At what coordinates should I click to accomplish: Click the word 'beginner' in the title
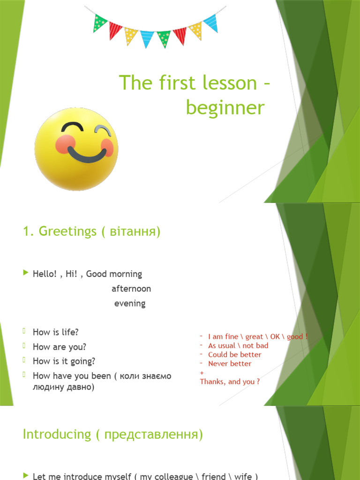click(x=225, y=108)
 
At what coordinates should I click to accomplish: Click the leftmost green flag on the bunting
click(x=99, y=23)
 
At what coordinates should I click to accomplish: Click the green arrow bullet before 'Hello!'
click(x=25, y=273)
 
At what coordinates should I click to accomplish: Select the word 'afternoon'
click(x=131, y=289)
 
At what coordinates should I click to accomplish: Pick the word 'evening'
click(x=130, y=304)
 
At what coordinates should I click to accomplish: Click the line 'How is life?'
click(x=55, y=332)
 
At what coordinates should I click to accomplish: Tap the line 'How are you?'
click(x=60, y=347)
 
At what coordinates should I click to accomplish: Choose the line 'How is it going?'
click(x=64, y=361)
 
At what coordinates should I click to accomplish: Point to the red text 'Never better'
click(x=230, y=364)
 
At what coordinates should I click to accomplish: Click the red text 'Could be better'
click(x=235, y=355)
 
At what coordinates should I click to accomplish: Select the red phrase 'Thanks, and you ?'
click(x=230, y=382)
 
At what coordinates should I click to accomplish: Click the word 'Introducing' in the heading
click(x=57, y=434)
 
